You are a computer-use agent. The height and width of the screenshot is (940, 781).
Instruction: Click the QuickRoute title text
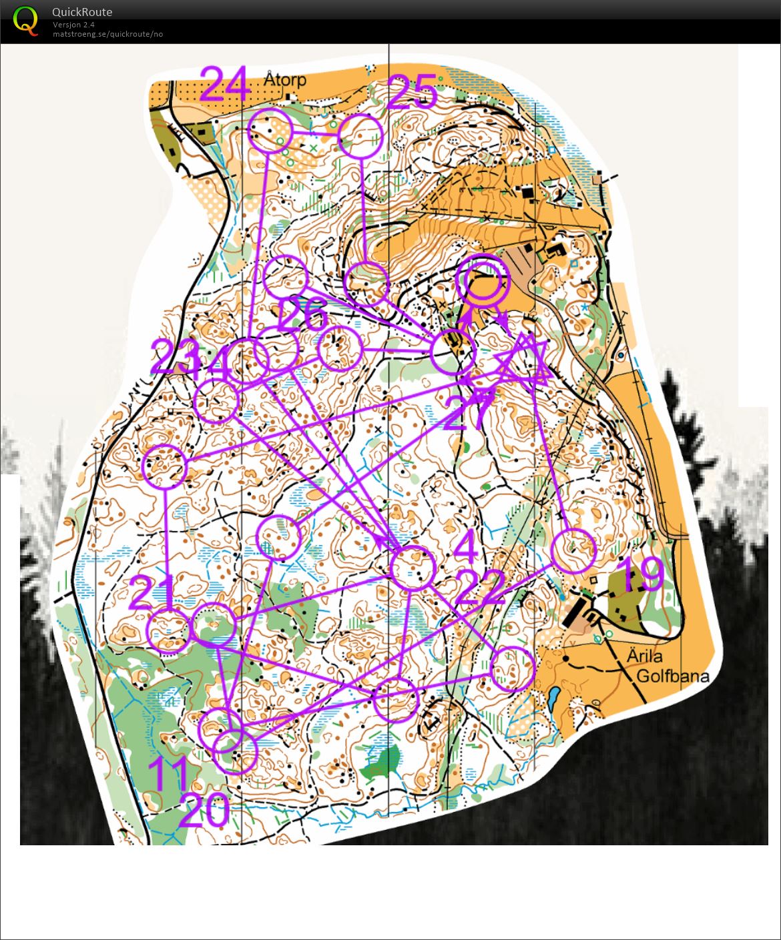[82, 12]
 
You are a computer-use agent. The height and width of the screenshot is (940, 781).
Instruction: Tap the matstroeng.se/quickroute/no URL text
[107, 34]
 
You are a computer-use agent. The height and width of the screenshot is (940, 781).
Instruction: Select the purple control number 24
[225, 84]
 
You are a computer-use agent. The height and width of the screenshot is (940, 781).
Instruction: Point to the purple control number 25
[412, 92]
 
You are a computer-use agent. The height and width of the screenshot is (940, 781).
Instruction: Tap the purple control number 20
[204, 811]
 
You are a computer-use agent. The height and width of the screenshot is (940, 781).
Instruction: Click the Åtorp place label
[285, 79]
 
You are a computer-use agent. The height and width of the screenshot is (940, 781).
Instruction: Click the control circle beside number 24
[270, 131]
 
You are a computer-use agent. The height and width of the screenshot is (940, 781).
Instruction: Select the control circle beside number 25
[360, 136]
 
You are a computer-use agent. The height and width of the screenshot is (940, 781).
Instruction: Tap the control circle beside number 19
[573, 551]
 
